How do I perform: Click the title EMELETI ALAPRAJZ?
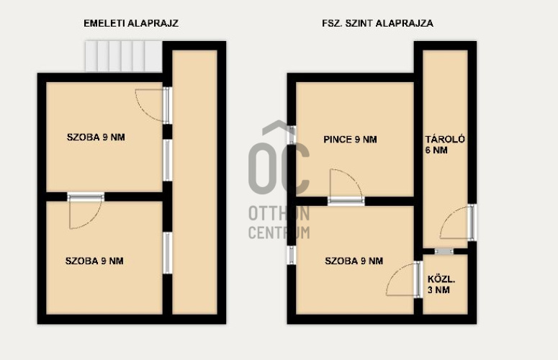tap(131, 24)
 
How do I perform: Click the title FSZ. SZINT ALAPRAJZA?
tap(377, 24)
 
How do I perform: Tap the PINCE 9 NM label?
tap(350, 140)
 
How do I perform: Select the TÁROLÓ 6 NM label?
tap(445, 145)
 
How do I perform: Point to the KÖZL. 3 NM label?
tap(441, 284)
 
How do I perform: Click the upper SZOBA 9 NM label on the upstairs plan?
tap(96, 138)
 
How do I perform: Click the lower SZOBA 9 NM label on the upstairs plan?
tap(94, 261)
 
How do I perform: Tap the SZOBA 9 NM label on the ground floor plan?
tap(354, 261)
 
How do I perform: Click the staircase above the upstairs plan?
tap(124, 56)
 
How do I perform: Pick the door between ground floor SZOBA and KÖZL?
tap(418, 279)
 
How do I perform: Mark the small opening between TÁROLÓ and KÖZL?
tap(444, 251)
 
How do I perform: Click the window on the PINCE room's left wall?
tap(292, 135)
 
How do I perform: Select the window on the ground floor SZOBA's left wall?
tap(292, 255)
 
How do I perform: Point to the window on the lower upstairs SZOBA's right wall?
tap(168, 253)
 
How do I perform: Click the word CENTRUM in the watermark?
tap(279, 233)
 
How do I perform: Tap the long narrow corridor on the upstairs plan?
tap(194, 182)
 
